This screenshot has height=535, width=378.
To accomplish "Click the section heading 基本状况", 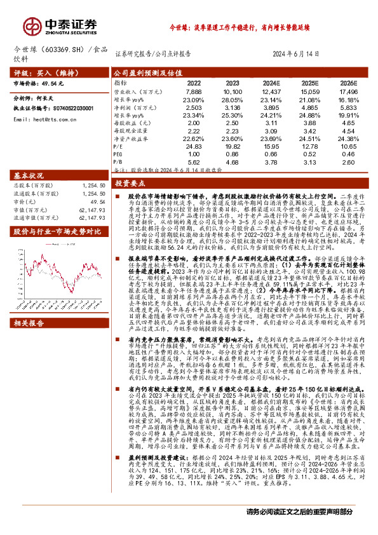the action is pos(29,175).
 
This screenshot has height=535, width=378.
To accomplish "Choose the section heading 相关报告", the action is pos(29,305).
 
